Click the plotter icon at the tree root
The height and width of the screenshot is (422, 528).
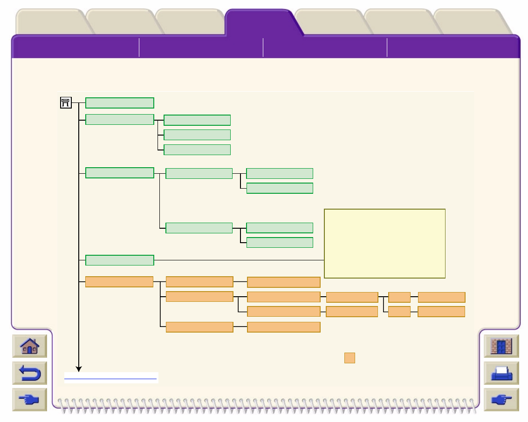(x=66, y=103)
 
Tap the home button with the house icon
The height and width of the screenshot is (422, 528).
(x=29, y=347)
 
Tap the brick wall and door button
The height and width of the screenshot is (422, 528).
(x=501, y=347)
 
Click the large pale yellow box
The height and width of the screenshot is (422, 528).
(x=384, y=243)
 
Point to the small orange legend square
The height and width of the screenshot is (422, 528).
(x=350, y=358)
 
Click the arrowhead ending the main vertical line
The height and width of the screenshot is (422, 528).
(x=79, y=369)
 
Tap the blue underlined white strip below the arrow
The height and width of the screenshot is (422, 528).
(x=111, y=377)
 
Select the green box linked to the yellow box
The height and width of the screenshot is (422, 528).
(x=120, y=260)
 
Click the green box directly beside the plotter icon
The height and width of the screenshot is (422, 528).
(x=120, y=103)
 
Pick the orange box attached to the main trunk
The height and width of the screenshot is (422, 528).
(x=119, y=282)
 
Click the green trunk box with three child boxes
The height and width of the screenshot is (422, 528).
(x=120, y=120)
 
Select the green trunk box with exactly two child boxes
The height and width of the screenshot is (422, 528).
(x=120, y=173)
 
